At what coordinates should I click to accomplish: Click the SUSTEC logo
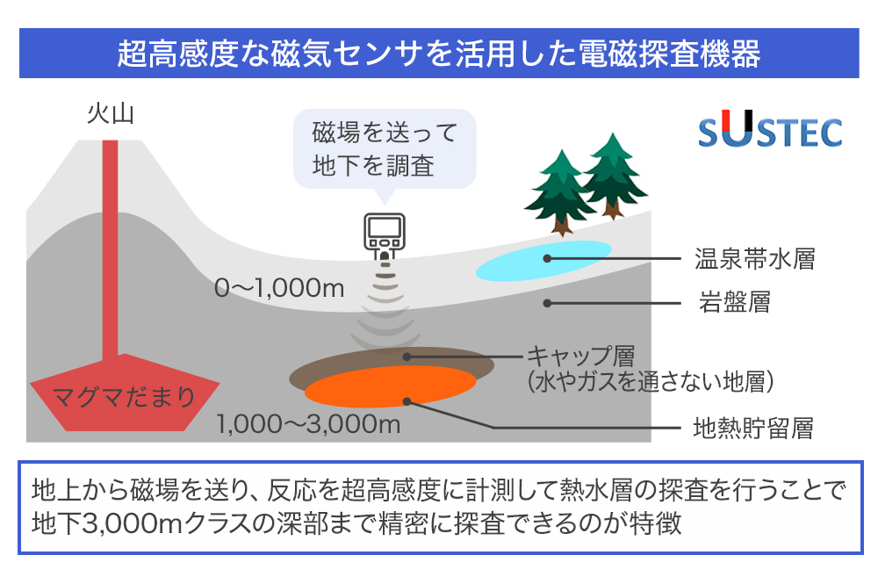click(x=771, y=130)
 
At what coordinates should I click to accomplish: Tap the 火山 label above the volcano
click(x=111, y=113)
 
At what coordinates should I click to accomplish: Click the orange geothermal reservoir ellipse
click(x=391, y=386)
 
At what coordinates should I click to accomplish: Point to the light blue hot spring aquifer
click(x=543, y=260)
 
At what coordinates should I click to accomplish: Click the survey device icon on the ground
click(x=385, y=236)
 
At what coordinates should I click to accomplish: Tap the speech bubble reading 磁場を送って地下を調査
click(x=385, y=149)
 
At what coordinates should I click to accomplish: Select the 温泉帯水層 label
click(x=755, y=259)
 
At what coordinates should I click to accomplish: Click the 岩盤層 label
click(x=735, y=302)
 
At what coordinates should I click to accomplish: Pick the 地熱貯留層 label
click(x=753, y=429)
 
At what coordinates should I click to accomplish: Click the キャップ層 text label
click(x=580, y=356)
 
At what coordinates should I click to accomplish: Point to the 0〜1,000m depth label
click(x=279, y=288)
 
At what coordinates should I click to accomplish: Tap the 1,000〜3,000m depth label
click(x=308, y=424)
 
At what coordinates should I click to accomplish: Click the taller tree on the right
click(x=613, y=176)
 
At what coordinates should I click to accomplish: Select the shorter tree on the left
click(x=560, y=192)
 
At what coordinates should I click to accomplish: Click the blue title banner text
click(x=438, y=54)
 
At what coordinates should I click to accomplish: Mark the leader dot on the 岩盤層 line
click(x=548, y=303)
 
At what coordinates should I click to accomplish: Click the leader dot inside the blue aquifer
click(x=548, y=258)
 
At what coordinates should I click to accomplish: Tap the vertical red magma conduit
click(x=111, y=249)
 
